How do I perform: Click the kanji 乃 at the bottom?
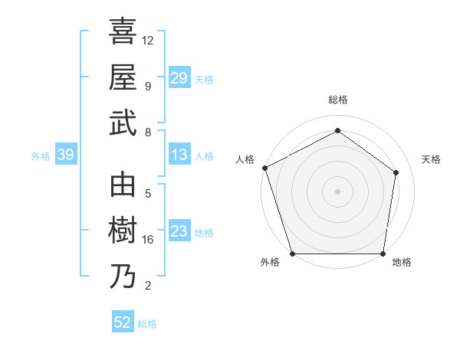point(123,276)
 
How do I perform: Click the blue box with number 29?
point(179,77)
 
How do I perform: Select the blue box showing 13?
point(179,155)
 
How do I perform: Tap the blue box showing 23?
point(179,231)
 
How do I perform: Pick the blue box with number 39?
point(65,155)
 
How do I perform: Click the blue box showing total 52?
point(122,322)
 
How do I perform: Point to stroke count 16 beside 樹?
point(148,240)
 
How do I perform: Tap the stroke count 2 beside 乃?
point(148,286)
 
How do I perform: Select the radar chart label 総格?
point(338,100)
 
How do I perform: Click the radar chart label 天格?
point(432,159)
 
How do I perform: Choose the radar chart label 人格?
point(245,159)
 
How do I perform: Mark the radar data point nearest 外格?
point(293,254)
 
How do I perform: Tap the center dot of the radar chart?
point(338,191)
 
